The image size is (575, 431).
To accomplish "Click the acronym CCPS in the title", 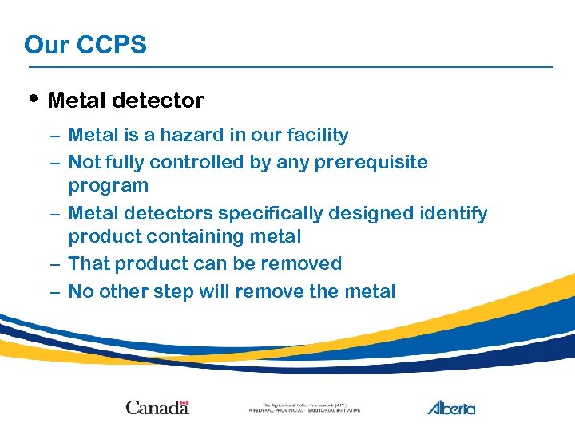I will pos(112,45).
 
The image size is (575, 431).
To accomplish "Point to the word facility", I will pos(315,136).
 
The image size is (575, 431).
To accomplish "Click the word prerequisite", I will pos(372,163).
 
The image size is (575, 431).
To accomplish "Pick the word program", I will pos(109,186).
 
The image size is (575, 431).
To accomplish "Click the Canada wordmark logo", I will pos(157,408).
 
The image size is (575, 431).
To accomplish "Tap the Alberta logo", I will pos(451,408).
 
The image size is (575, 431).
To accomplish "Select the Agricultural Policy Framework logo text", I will pos(304,408).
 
